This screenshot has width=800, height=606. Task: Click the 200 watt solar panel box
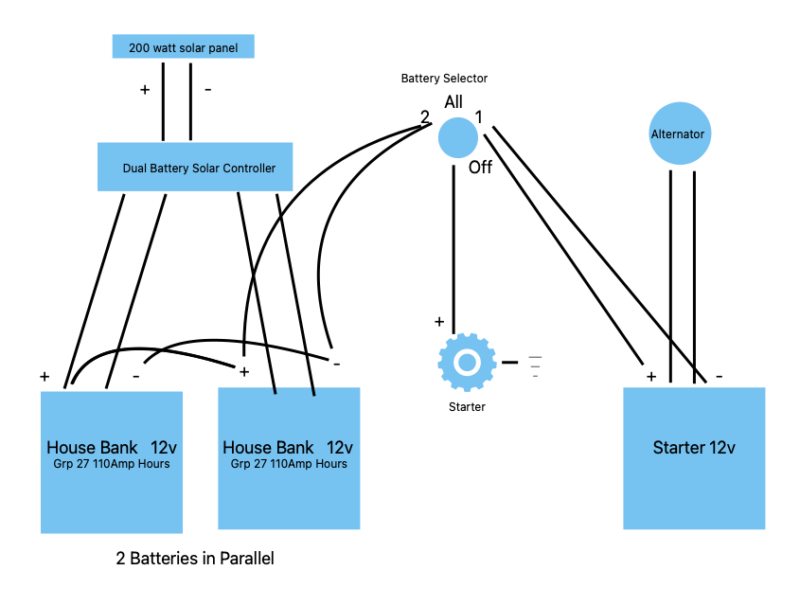pos(183,46)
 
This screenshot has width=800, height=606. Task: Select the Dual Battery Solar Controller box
pos(195,167)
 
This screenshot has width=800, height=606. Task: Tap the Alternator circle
pos(680,134)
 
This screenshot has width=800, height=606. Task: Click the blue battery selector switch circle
pos(457,137)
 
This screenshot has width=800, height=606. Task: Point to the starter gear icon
pos(467,362)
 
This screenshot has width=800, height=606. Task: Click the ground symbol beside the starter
pos(535,366)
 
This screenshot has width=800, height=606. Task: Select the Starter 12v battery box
pos(694,458)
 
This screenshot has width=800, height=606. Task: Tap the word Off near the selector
pos(480,168)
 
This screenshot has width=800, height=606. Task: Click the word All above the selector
pos(453,102)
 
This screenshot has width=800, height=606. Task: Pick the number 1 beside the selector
pos(478,117)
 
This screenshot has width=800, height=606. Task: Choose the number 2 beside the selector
pos(424,117)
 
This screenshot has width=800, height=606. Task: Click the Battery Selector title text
pos(444,78)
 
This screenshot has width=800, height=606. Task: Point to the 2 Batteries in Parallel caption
pos(195,559)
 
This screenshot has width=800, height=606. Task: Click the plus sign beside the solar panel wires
pos(145,90)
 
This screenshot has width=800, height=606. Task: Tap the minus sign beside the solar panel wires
pos(208,90)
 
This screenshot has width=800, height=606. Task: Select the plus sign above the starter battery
pos(651,377)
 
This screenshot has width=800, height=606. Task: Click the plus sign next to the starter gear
pos(439,322)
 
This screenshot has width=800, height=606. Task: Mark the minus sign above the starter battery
pos(720,377)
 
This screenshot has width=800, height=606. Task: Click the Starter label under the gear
pos(467,407)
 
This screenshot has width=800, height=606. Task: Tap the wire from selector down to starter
pos(453,250)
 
